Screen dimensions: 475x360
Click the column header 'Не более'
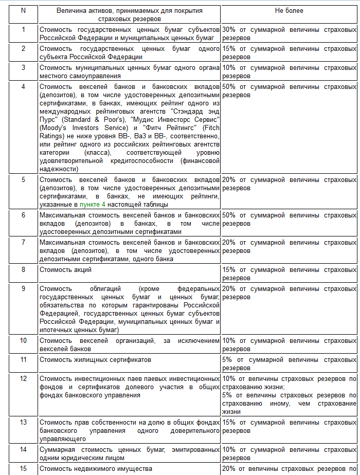pyautogui.click(x=290, y=10)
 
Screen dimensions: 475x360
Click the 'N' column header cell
pyautogui.click(x=23, y=10)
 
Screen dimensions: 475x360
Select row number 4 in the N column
pyautogui.click(x=23, y=86)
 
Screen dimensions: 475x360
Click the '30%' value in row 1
pyautogui.click(x=229, y=29)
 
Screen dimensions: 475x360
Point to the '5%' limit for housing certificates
pyautogui.click(x=227, y=359)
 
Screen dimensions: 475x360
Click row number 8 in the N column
pyautogui.click(x=23, y=269)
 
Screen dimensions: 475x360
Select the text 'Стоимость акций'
pyautogui.click(x=66, y=269)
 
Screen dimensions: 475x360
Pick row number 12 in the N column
pyautogui.click(x=23, y=378)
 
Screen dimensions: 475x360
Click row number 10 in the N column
pyautogui.click(x=23, y=340)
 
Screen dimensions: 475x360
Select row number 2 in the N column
pyautogui.click(x=23, y=48)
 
